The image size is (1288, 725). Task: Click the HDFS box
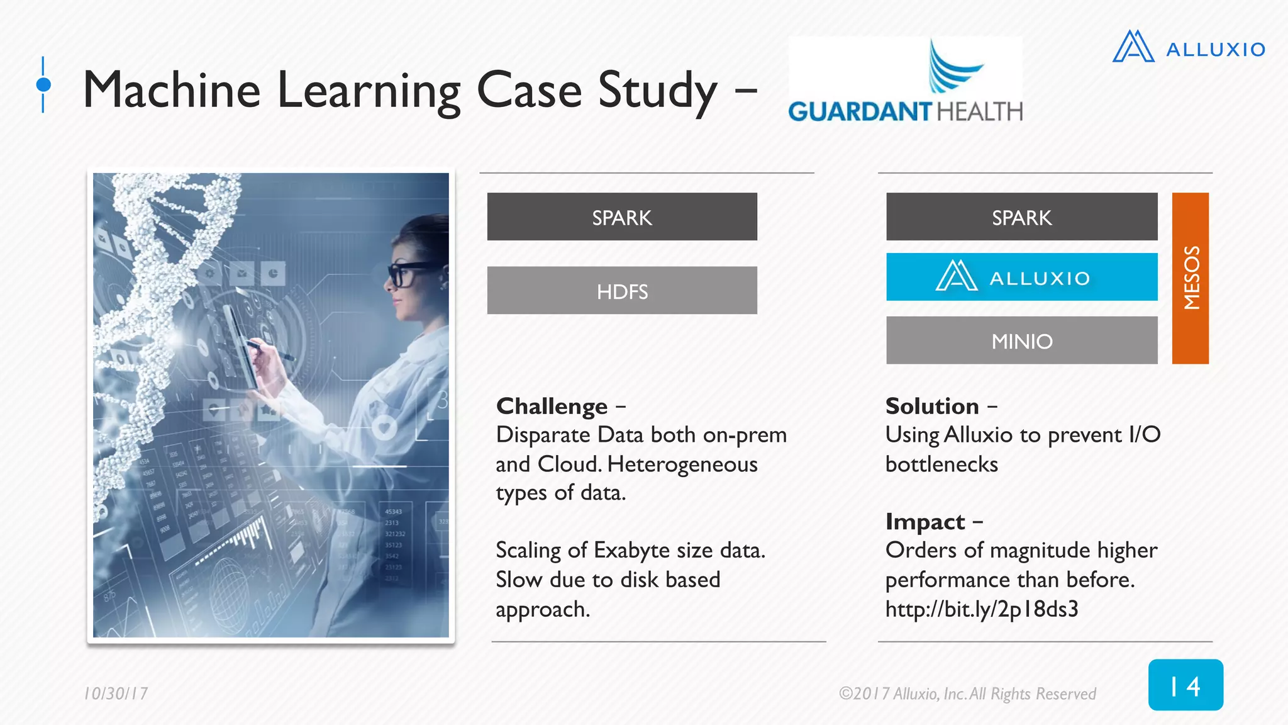tap(621, 291)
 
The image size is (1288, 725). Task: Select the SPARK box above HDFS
tap(621, 217)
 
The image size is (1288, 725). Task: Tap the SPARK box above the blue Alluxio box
tap(1021, 217)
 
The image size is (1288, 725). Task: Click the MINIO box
tap(1021, 340)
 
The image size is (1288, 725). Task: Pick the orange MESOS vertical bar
tap(1190, 278)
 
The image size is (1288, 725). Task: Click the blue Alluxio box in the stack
tap(1021, 278)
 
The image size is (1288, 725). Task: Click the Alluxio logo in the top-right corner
tap(1189, 47)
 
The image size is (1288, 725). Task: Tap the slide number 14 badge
tap(1185, 685)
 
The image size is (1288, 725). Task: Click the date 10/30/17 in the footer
tap(116, 694)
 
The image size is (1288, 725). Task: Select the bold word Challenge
tap(552, 407)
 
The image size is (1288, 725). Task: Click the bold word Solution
tap(932, 407)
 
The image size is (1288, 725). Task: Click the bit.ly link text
tap(981, 609)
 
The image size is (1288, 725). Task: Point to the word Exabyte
tap(632, 551)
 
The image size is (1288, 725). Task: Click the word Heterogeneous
tap(682, 464)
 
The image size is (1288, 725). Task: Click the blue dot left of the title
tap(43, 84)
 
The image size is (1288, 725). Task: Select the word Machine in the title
tap(172, 91)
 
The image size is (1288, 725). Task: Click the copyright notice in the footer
tap(967, 694)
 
